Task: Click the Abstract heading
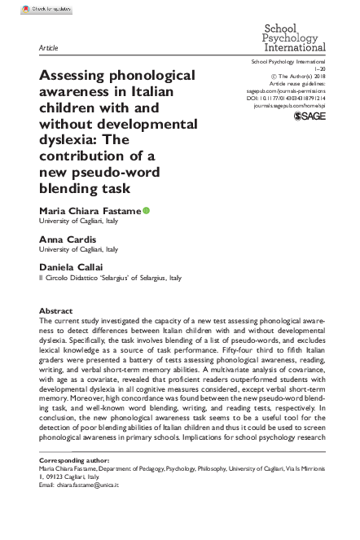56,310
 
